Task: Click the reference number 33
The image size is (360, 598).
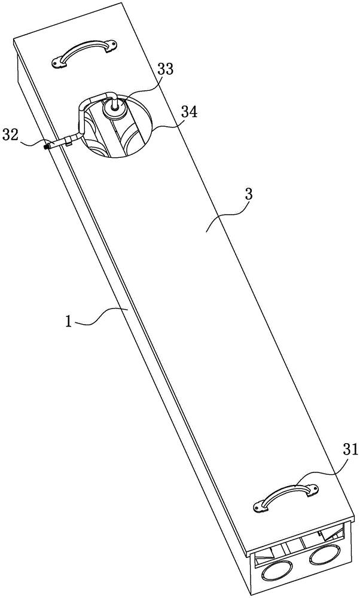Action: pyautogui.click(x=165, y=69)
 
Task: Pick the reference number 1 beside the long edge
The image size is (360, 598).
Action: pyautogui.click(x=69, y=322)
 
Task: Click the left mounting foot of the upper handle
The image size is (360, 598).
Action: pyautogui.click(x=59, y=61)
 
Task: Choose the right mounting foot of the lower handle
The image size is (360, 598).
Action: pyautogui.click(x=310, y=490)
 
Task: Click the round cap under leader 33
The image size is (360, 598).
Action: pyautogui.click(x=115, y=108)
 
